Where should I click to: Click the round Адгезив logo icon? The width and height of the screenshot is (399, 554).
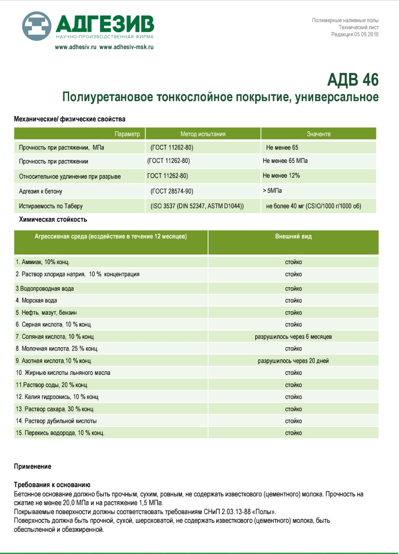(36, 26)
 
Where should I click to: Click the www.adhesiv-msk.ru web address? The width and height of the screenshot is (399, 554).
(126, 47)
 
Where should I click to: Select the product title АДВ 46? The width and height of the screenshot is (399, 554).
(352, 80)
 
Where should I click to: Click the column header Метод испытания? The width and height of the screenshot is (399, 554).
(203, 134)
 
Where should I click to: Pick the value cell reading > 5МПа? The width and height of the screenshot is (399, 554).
(272, 191)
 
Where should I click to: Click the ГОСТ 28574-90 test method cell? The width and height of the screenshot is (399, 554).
(172, 191)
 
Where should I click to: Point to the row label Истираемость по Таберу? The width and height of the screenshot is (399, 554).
(51, 206)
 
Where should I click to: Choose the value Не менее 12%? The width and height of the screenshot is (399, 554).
(281, 175)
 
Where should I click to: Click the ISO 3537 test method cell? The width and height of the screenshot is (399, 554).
(197, 206)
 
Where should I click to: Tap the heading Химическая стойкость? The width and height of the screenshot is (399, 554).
(53, 219)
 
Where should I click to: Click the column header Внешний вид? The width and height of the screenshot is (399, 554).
(293, 236)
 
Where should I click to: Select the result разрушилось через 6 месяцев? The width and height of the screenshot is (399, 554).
(293, 337)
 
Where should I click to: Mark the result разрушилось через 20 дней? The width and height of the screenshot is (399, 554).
(293, 361)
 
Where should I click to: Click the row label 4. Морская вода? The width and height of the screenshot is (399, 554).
(37, 301)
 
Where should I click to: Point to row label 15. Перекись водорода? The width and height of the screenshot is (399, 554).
(60, 433)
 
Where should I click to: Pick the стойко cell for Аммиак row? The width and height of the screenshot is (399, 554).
(293, 262)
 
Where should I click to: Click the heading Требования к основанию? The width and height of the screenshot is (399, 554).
(52, 485)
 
